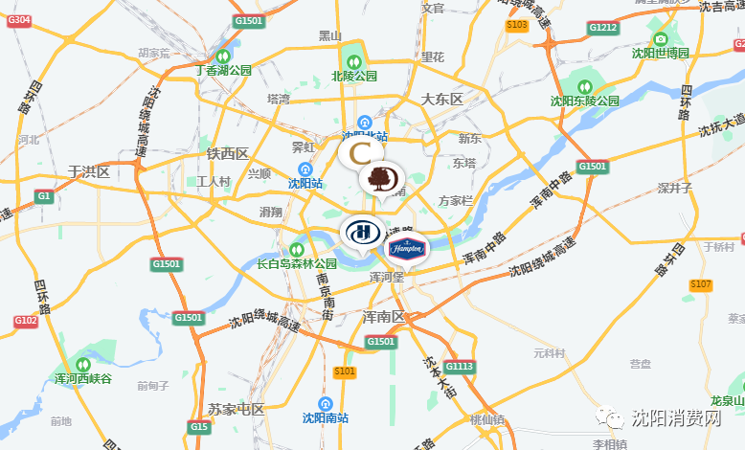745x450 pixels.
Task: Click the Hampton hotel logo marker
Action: coord(406,249)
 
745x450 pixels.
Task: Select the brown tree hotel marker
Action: coord(381,179)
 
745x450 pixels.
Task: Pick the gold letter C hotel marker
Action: coord(362,152)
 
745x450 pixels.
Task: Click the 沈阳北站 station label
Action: coord(365,137)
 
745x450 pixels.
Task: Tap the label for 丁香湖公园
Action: coord(223,70)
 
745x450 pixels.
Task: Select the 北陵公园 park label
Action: coord(354,75)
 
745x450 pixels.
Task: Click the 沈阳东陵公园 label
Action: coord(581,100)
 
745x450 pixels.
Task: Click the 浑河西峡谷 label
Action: coord(83,379)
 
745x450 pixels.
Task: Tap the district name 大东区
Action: coord(441,100)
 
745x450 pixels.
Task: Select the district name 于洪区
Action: coord(89,172)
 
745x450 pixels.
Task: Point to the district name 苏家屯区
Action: coord(236,409)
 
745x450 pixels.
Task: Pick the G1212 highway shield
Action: coord(603,28)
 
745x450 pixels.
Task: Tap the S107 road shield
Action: coord(701,284)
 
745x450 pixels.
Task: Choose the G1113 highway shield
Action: coord(460,366)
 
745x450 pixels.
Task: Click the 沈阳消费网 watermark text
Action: coord(676,417)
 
